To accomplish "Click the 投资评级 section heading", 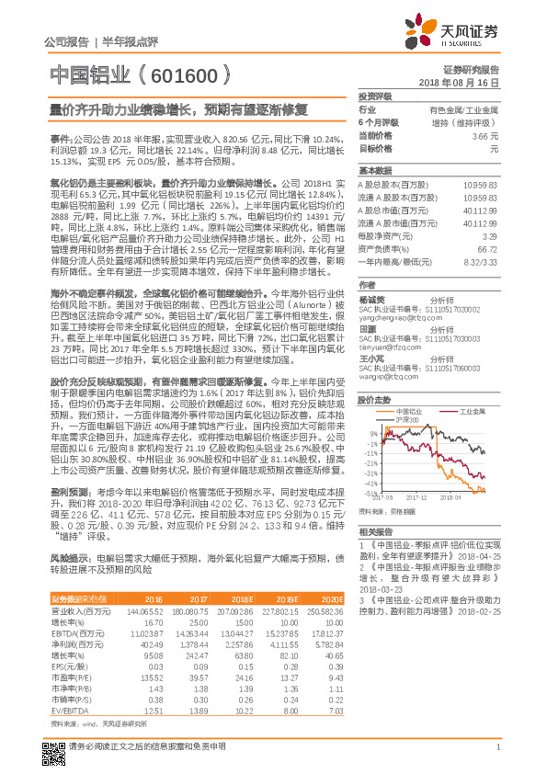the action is click(x=374, y=96).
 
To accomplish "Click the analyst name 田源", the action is click(x=368, y=328).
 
